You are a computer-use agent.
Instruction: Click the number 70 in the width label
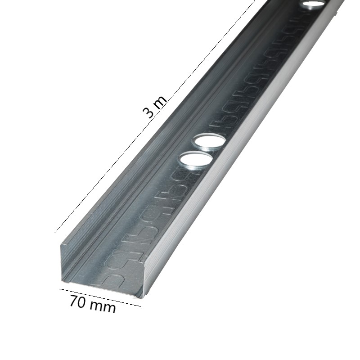click(x=78, y=301)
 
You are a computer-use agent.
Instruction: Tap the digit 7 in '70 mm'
click(x=73, y=300)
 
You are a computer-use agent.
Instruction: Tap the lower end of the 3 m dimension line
click(x=55, y=233)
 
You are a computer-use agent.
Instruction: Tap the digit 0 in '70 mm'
click(x=82, y=302)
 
